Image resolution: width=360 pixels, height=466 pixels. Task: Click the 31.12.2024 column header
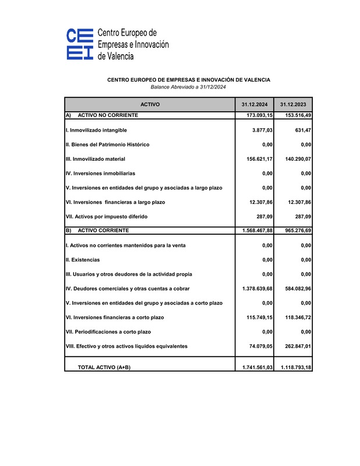coord(255,104)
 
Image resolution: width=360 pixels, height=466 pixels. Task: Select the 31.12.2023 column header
coord(293,104)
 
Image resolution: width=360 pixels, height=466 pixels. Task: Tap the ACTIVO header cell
coord(150,104)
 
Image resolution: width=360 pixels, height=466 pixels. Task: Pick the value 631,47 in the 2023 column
coord(300,130)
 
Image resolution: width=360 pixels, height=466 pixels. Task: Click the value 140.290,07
coord(295,159)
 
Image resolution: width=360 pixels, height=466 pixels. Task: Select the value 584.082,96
coord(295,288)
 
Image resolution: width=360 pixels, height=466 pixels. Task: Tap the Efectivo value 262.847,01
coord(295,346)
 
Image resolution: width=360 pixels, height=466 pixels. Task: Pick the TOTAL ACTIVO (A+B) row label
coord(104,368)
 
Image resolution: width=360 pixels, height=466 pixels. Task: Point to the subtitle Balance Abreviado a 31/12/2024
coord(188,87)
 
